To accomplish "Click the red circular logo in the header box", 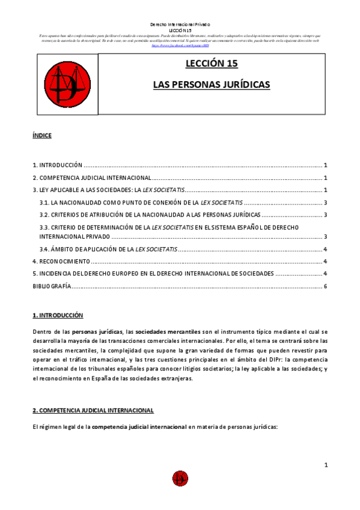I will tap(67, 83).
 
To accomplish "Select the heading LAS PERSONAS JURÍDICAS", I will tap(212, 85).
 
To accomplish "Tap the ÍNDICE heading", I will tap(42, 136).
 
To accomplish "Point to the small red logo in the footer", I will tap(180, 479).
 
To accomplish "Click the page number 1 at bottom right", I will tap(325, 464).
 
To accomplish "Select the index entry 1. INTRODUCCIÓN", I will tap(57, 165).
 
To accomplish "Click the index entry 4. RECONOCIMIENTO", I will tap(61, 262).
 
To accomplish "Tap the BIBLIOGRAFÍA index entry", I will tap(52, 286).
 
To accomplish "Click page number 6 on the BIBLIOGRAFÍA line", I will tap(325, 286).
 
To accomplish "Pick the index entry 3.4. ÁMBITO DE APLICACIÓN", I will tap(108, 249).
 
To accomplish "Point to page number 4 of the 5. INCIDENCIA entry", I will tap(325, 274).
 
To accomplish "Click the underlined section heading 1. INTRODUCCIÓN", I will tap(58, 315).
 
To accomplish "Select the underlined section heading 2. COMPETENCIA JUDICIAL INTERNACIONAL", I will tap(93, 410).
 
